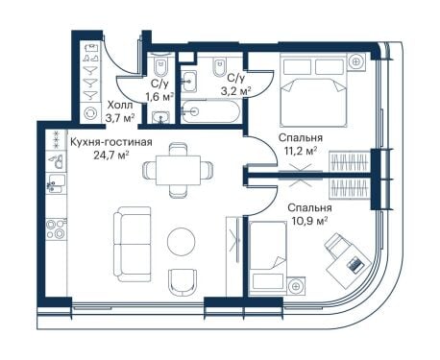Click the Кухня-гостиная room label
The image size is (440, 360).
point(111,142)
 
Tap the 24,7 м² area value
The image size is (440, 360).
point(111,156)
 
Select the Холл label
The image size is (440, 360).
point(120,105)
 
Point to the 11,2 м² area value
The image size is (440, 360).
point(301,151)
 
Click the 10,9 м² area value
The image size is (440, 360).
point(310,221)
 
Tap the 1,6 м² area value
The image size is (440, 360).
point(159,96)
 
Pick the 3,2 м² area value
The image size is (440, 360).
point(236,91)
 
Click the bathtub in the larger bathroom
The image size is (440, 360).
point(209,111)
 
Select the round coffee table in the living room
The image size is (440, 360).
point(182,241)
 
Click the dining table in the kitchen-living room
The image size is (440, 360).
point(178,170)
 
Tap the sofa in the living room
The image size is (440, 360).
point(132,244)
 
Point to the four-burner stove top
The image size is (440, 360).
point(56,228)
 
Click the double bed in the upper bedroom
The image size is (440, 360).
point(313,90)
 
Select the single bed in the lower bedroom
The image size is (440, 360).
point(268,257)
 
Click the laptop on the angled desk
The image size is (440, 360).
point(355,265)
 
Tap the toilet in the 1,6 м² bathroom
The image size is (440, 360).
point(160,66)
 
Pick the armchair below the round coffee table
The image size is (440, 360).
point(183,282)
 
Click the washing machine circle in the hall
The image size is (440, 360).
point(90,113)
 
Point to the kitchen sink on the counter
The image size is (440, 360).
point(56,183)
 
